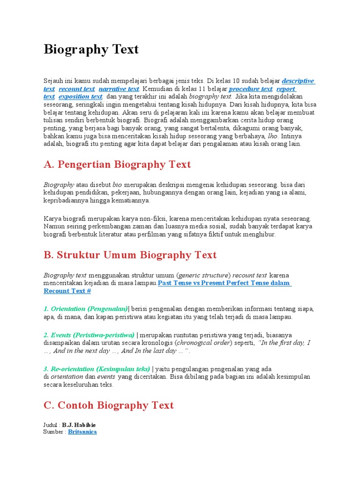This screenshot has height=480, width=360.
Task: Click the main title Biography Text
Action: [x=91, y=49]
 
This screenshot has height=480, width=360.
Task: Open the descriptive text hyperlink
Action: [x=298, y=81]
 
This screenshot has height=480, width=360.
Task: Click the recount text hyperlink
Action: [x=76, y=89]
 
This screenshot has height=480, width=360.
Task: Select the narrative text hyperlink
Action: [x=119, y=89]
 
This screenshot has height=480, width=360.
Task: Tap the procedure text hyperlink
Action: [x=250, y=89]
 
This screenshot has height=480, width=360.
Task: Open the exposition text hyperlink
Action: [x=80, y=97]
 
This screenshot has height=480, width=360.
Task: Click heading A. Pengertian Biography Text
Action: [x=117, y=165]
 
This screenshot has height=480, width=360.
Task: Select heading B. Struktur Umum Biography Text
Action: [x=130, y=255]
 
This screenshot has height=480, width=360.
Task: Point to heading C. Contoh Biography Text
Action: [x=108, y=405]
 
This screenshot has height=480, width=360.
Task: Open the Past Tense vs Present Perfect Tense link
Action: [x=224, y=283]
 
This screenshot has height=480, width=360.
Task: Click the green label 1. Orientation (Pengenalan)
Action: [x=85, y=309]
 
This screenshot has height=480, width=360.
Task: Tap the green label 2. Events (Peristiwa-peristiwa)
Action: [x=89, y=335]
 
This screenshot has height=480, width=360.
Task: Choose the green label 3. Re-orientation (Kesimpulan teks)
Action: [x=97, y=369]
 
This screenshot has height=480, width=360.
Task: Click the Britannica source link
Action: [x=82, y=432]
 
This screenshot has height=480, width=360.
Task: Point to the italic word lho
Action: [x=272, y=136]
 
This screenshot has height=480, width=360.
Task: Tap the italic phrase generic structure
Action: [x=203, y=275]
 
